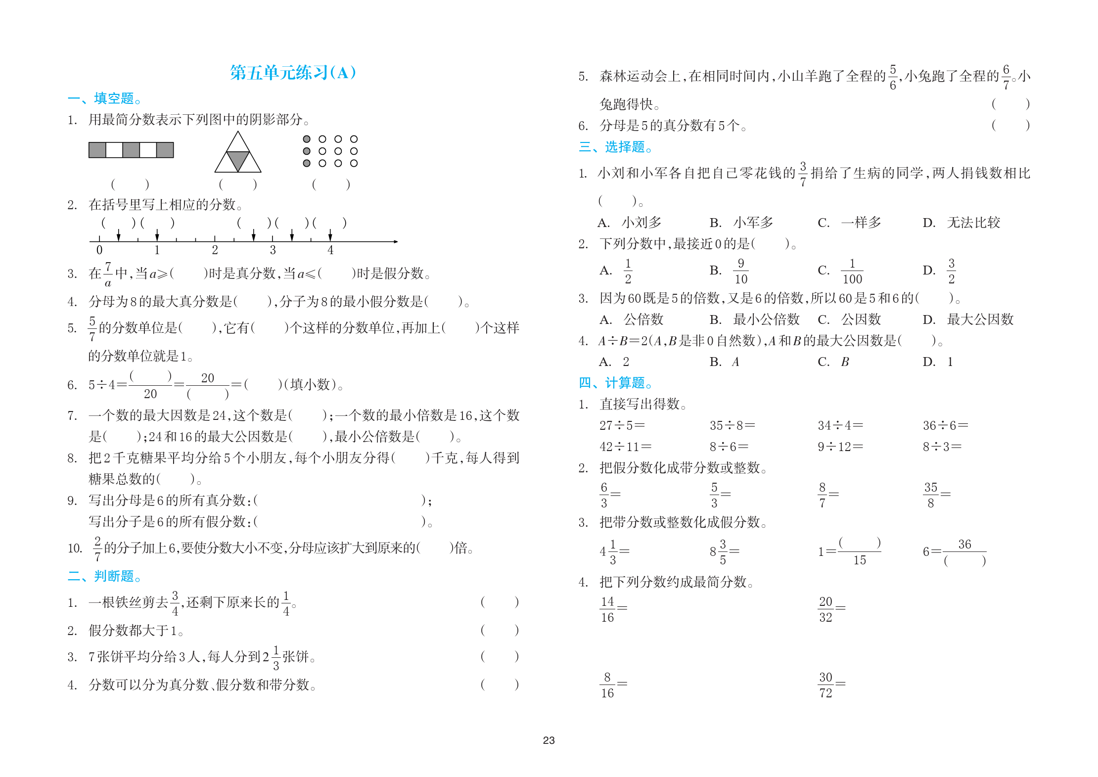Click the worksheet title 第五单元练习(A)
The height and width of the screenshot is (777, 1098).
click(293, 73)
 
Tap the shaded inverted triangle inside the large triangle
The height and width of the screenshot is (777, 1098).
click(238, 159)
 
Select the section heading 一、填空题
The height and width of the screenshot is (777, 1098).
click(105, 98)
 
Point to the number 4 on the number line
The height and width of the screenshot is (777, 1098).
click(330, 250)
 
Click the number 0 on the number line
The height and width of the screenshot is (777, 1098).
click(99, 250)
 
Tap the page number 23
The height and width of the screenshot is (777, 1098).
click(549, 740)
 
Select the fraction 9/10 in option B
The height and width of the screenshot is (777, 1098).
click(740, 271)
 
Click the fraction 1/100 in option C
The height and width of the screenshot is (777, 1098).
click(852, 271)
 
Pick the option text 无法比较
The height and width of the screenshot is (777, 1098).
click(973, 223)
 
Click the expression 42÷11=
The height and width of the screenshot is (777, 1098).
click(625, 447)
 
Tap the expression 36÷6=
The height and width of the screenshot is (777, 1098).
click(945, 425)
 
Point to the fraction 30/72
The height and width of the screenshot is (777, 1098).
click(825, 685)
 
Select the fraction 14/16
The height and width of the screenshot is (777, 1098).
click(607, 609)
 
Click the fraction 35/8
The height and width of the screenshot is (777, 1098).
click(930, 495)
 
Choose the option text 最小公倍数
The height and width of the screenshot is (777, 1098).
click(766, 320)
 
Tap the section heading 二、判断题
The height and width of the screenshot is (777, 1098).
click(105, 576)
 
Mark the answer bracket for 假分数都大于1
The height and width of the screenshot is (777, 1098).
click(500, 630)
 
